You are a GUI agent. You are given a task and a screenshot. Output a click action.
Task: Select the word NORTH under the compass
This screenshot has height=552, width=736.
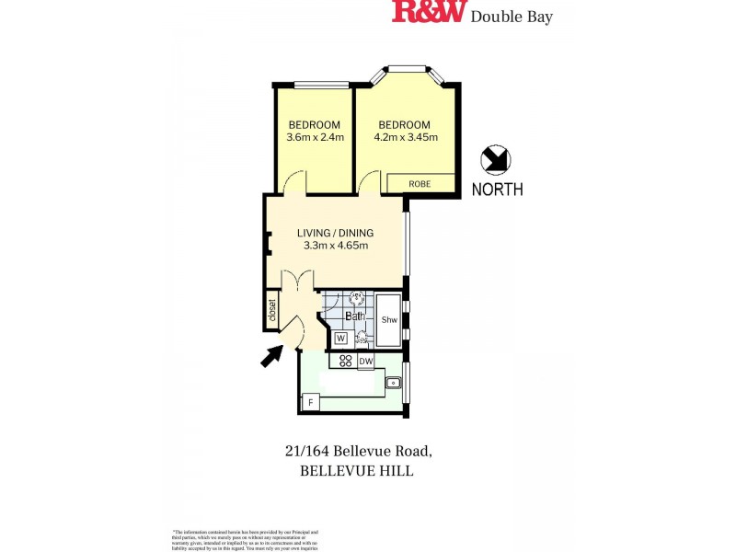[x=497, y=190]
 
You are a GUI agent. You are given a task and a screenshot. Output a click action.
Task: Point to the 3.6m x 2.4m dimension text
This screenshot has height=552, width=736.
[x=315, y=138]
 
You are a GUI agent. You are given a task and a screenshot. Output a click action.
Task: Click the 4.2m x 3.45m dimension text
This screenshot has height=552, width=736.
[x=405, y=138]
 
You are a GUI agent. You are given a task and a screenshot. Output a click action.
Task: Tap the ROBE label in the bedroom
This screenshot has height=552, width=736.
[x=420, y=184]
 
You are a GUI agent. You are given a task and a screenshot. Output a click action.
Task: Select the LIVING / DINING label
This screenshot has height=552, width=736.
[x=335, y=233]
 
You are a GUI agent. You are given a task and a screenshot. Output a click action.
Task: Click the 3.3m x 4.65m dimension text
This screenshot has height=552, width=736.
[x=335, y=246]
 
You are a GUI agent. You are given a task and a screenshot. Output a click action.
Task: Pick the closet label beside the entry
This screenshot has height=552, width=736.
[x=271, y=309]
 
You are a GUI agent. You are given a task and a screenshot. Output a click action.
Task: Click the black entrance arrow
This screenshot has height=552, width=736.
[x=271, y=355]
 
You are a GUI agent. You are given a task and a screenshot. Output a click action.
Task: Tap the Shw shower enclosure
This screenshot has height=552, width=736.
[x=389, y=319]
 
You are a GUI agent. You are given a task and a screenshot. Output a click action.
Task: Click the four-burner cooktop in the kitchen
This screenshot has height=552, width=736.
[x=348, y=361]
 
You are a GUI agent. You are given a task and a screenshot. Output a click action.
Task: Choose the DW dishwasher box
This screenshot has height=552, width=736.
[x=366, y=362]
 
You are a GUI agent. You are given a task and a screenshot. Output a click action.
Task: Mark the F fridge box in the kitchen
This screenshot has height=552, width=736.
[x=311, y=403]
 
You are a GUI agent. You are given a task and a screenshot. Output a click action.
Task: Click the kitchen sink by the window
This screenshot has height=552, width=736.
[x=394, y=382]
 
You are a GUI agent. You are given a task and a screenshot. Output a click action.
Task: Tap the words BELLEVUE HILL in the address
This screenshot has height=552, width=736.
[x=357, y=471]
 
